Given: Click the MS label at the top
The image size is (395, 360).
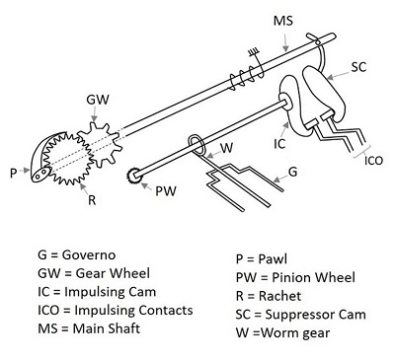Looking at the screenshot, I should [x=284, y=21].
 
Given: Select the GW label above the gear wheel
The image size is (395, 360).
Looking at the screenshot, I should [x=98, y=101].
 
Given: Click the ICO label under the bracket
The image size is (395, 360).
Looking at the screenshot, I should [x=374, y=161].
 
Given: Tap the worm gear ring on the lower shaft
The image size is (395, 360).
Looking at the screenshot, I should [x=198, y=145].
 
